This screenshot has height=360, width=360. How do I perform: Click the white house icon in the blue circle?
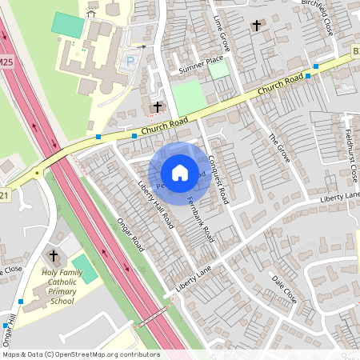(180, 172)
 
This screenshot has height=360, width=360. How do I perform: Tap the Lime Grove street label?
(222, 32)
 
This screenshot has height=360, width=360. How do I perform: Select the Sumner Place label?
(201, 64)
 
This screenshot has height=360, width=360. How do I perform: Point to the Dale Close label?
(284, 290)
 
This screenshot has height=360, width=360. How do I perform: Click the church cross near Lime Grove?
(256, 26)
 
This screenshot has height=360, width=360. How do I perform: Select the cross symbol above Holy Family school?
(54, 257)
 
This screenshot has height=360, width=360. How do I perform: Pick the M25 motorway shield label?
(7, 62)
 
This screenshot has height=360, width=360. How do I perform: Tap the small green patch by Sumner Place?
(218, 70)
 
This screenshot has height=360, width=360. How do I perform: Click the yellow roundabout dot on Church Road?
(37, 172)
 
